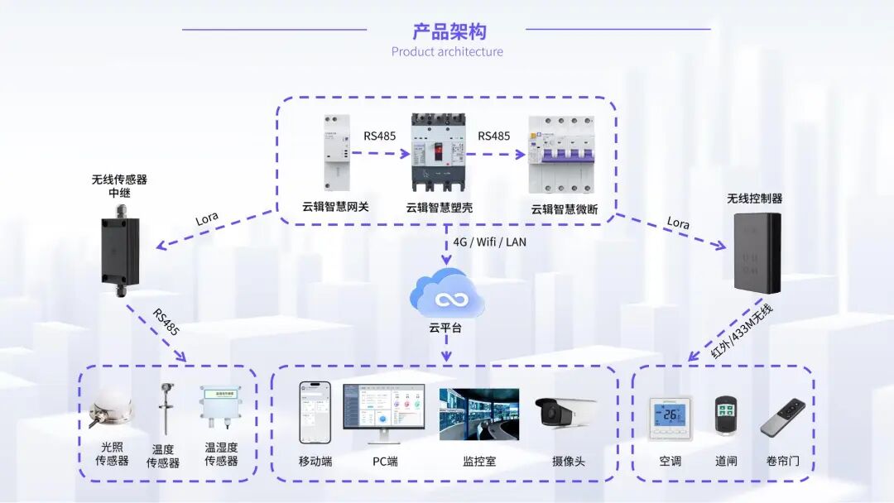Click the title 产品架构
point(449,31)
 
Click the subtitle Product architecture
point(447,51)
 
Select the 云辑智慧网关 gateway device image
point(336,152)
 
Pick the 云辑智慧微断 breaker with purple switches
point(563,155)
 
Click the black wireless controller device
point(757,252)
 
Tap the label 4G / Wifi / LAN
point(489,242)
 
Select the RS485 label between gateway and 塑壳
point(379,136)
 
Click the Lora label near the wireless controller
point(677,223)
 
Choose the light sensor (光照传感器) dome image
point(111,411)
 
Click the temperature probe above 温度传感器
point(165,409)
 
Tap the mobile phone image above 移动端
point(315,412)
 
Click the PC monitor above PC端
point(383,411)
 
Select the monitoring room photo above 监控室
point(479,414)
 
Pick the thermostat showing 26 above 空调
point(669,416)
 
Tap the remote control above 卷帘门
point(782,418)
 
